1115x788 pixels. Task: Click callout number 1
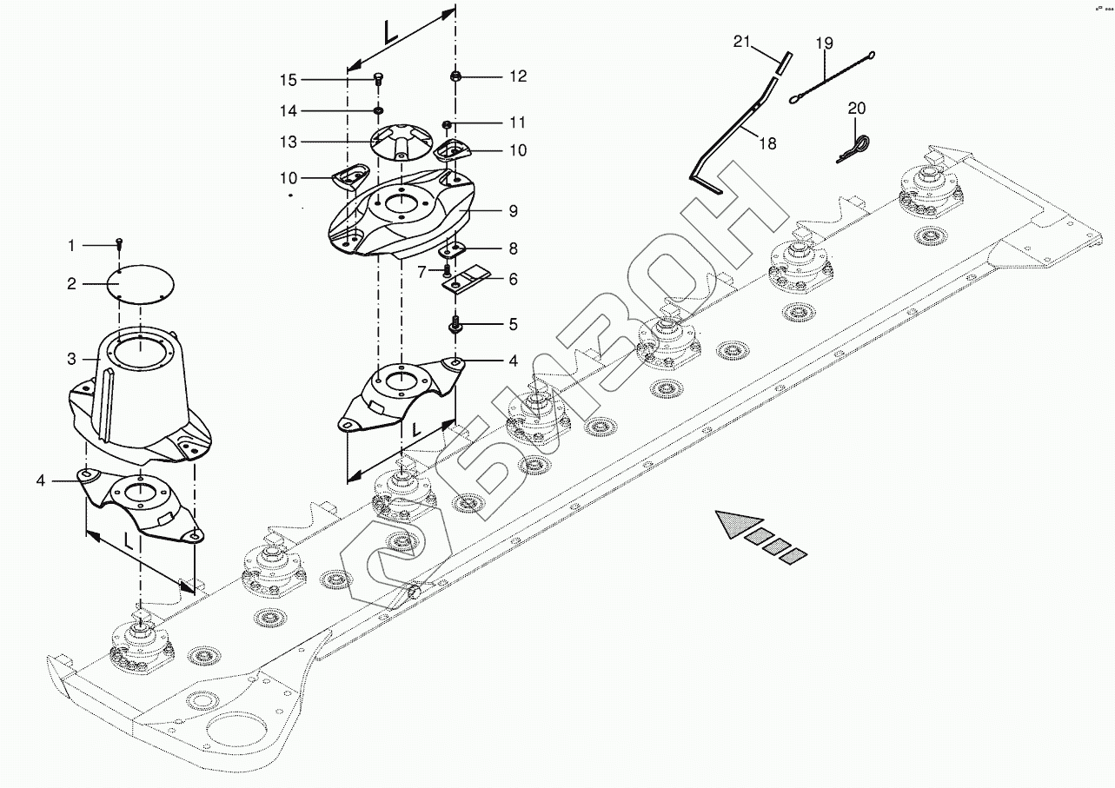72,247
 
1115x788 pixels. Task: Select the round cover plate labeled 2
141,282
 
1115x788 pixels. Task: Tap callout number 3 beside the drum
72,359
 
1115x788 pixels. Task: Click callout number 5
513,325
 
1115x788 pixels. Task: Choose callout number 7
421,272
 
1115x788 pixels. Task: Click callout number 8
513,249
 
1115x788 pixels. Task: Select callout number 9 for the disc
513,210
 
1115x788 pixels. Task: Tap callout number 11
518,123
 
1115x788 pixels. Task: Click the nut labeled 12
455,77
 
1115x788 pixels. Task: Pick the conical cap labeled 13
402,142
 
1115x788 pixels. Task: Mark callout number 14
288,111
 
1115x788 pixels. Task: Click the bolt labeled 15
378,78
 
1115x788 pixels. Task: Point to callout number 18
767,143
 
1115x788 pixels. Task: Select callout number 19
824,43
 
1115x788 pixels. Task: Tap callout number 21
740,42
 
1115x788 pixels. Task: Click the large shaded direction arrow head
733,524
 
